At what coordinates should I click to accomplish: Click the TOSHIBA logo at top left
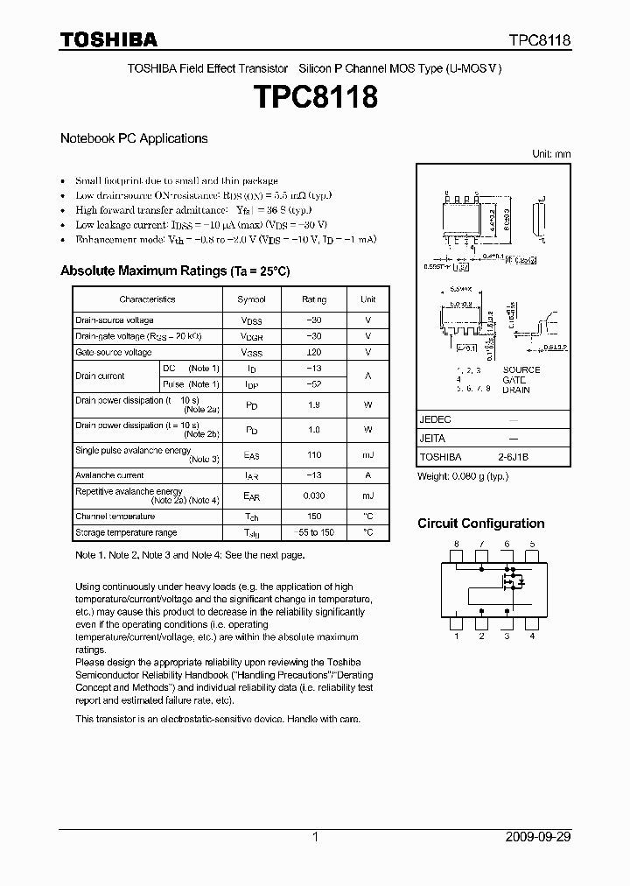108,39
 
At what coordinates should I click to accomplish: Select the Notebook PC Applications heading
134,138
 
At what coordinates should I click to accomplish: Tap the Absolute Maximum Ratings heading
175,271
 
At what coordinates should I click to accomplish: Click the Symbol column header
252,299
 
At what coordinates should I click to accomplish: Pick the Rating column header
314,299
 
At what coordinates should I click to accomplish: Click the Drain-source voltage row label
115,320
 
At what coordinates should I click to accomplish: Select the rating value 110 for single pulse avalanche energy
314,454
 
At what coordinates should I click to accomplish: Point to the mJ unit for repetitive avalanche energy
367,496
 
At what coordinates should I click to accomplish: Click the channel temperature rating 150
314,517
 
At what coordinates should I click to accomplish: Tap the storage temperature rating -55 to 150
314,532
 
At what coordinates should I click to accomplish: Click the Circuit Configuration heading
480,524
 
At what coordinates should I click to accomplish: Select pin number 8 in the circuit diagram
456,545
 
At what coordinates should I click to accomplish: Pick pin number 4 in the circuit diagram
532,636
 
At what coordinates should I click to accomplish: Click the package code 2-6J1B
513,456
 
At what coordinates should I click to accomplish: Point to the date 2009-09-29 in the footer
537,836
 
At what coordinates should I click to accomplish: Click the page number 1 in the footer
315,836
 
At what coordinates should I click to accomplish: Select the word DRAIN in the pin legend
516,390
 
